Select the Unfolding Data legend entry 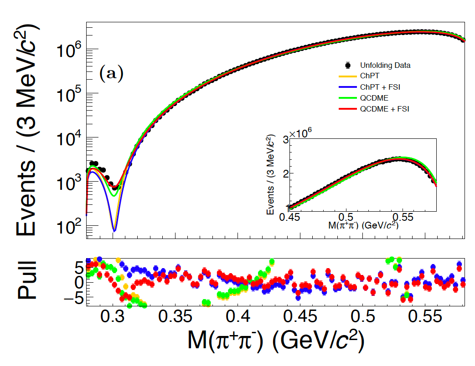pyautogui.click(x=385, y=65)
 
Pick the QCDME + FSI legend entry pyautogui.click(x=384, y=109)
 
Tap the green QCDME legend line pyautogui.click(x=347, y=98)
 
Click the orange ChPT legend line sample pyautogui.click(x=347, y=76)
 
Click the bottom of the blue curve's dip pyautogui.click(x=114, y=230)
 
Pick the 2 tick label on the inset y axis pyautogui.click(x=284, y=173)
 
